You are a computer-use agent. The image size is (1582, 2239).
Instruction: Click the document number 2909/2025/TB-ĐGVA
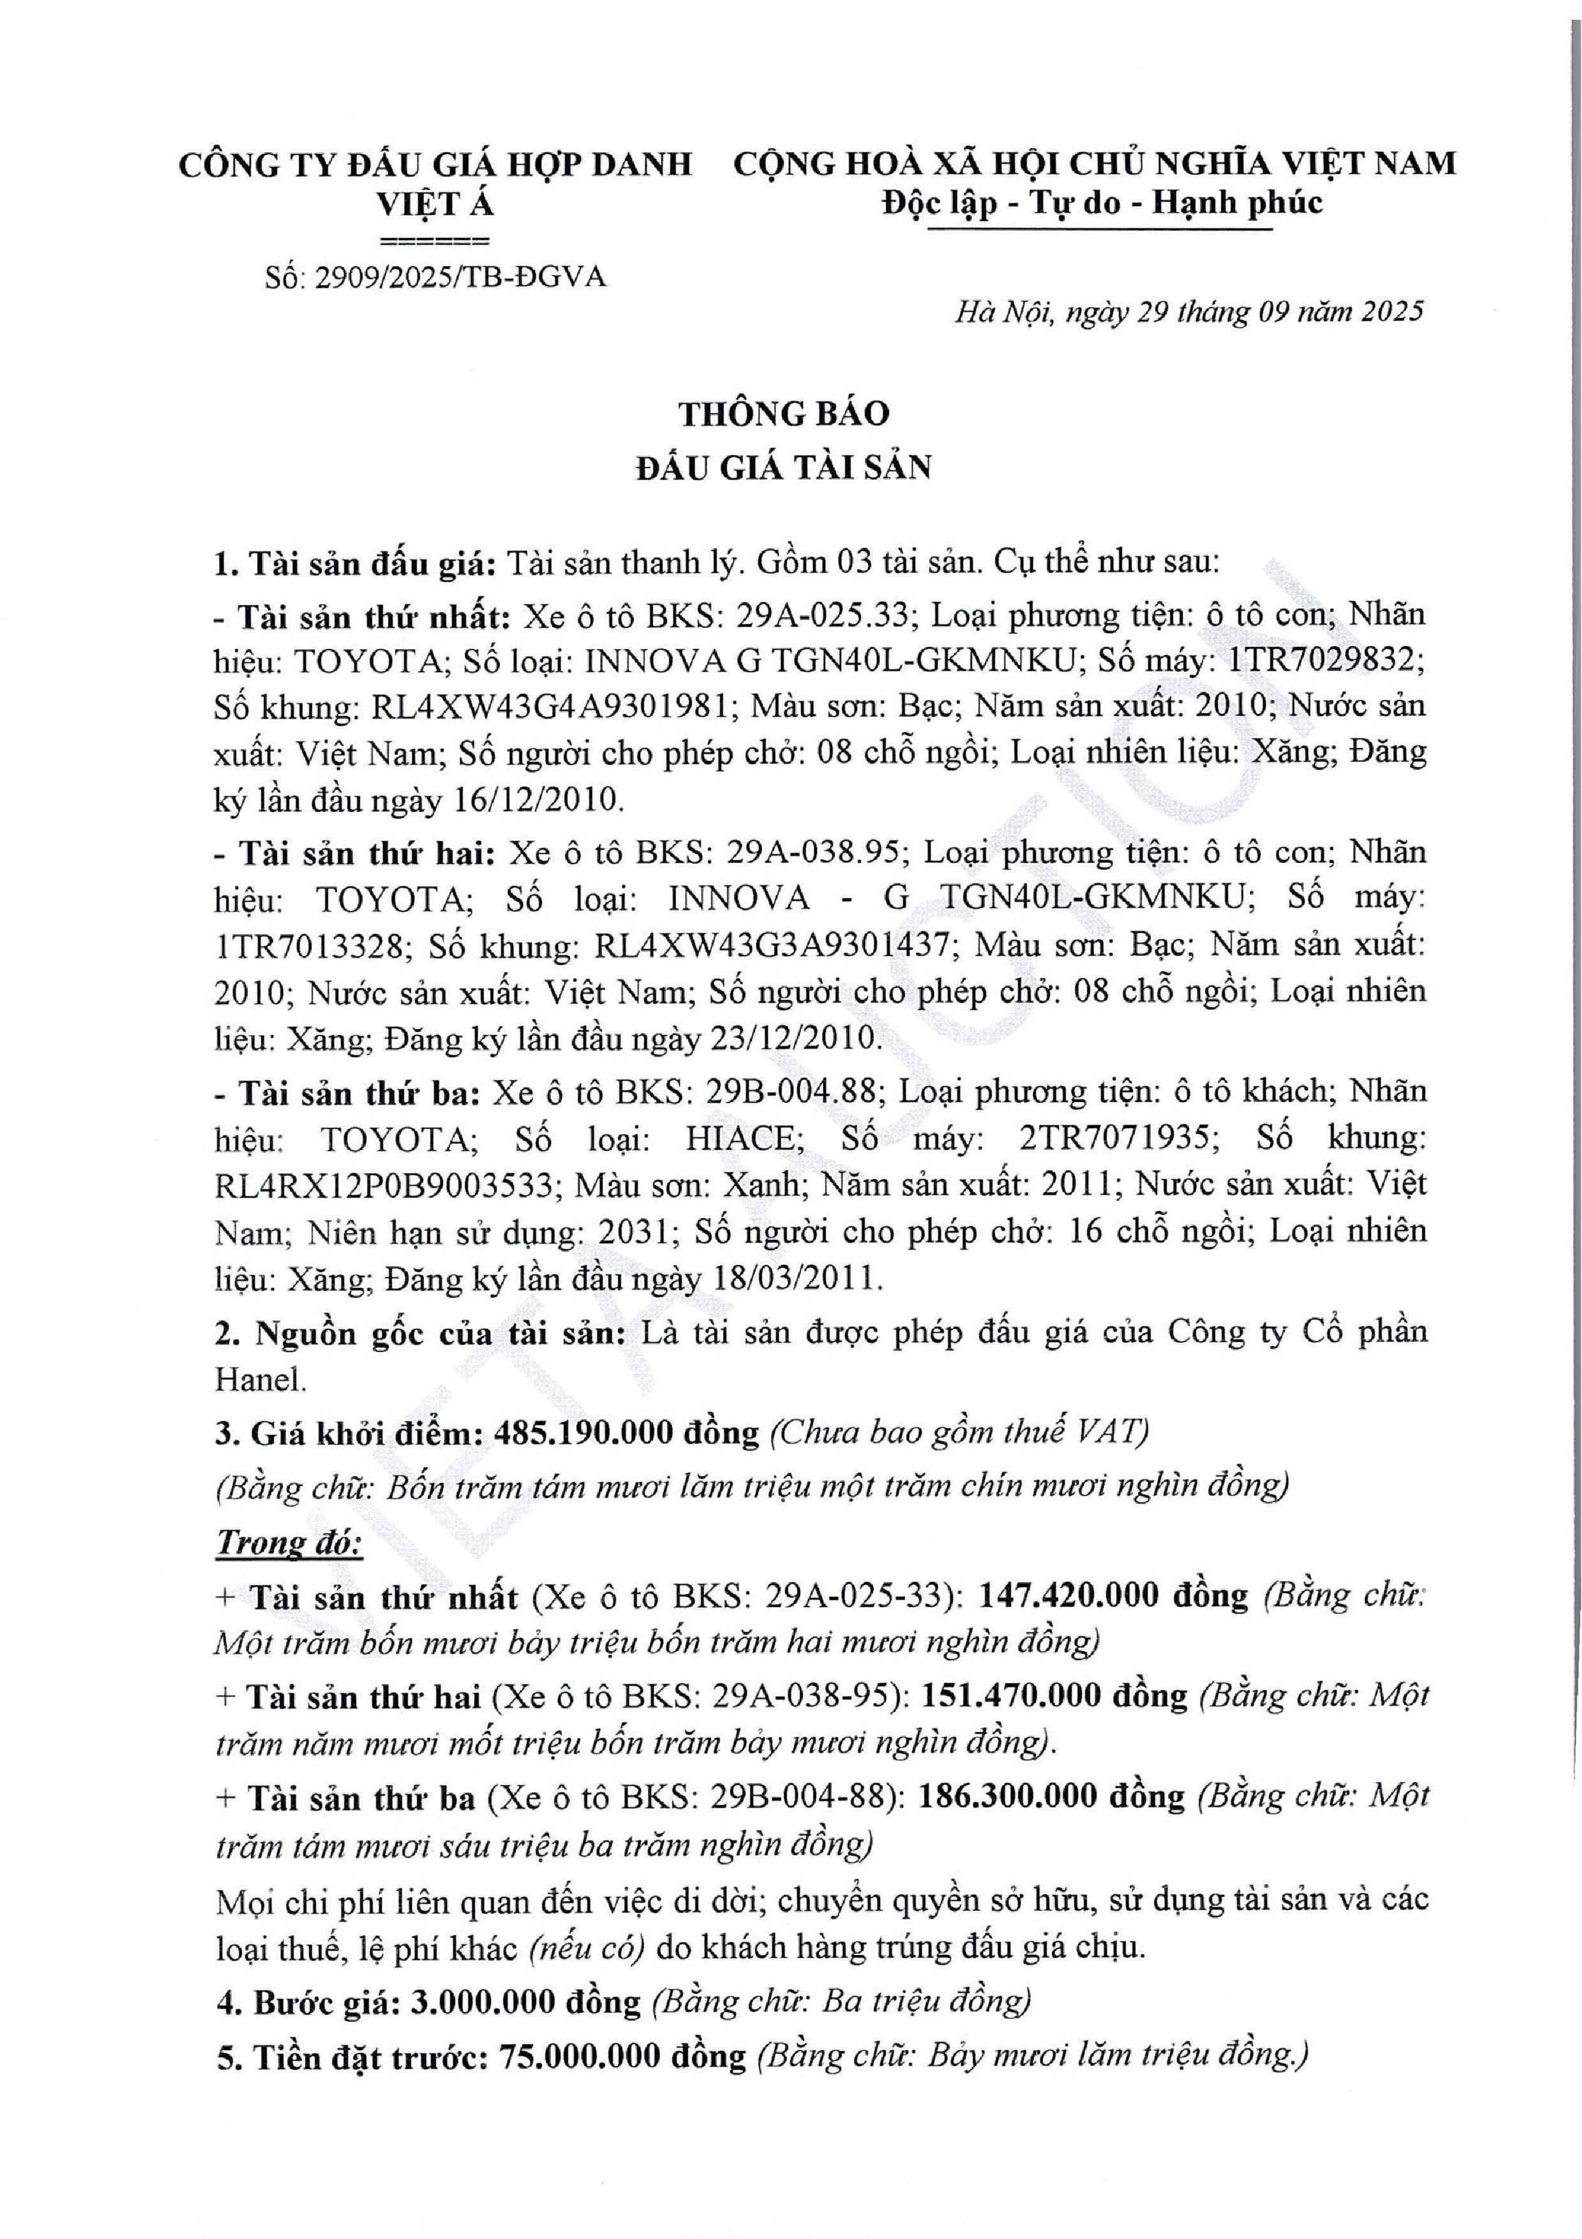coord(454,277)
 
